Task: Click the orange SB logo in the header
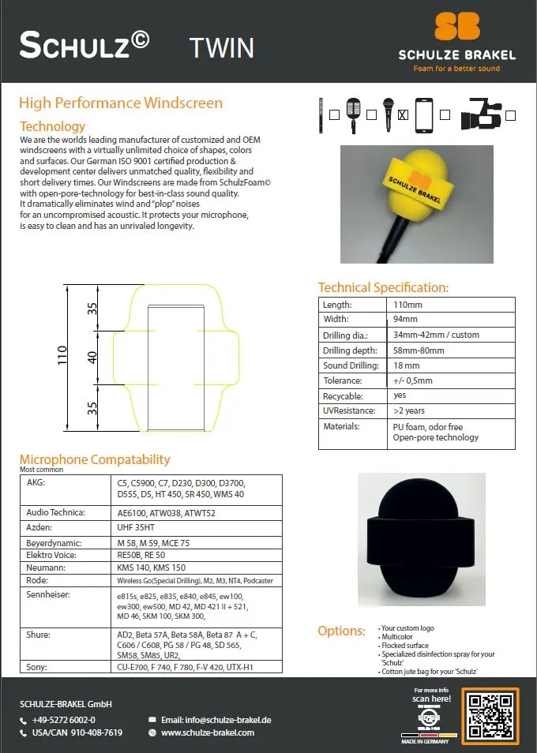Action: [456, 25]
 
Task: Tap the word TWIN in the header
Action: [222, 48]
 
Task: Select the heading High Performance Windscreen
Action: [121, 103]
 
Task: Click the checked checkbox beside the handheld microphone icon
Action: [403, 114]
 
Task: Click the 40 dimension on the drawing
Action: [93, 357]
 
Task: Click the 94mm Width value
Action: [405, 320]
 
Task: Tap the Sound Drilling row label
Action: [351, 365]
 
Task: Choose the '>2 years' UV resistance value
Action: [409, 411]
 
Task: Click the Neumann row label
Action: [45, 568]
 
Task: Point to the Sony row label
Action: [36, 667]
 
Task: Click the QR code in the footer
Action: [490, 715]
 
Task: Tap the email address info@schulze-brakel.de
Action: [216, 720]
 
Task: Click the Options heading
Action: [341, 631]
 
